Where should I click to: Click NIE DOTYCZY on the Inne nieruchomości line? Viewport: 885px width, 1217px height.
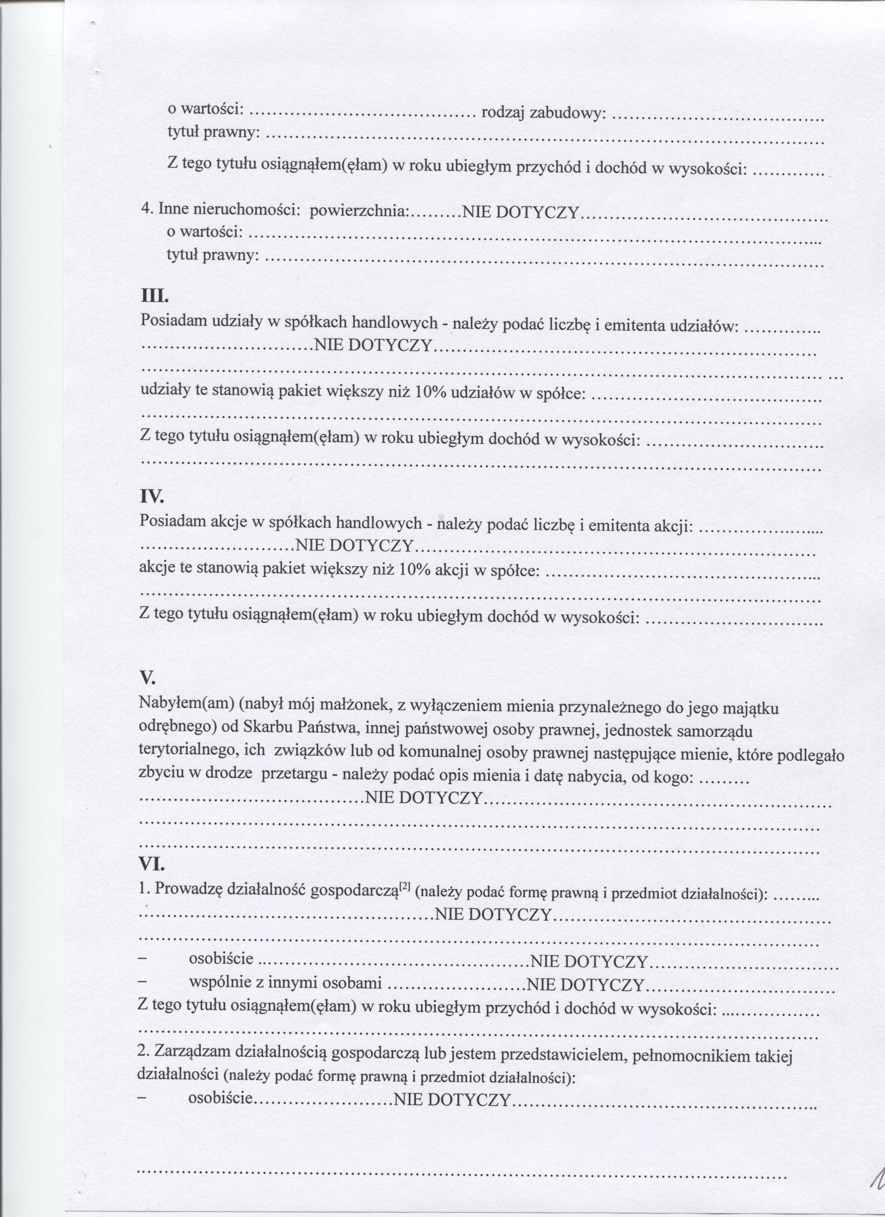(x=520, y=213)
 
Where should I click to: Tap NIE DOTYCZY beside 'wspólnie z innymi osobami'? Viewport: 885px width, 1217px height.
(x=586, y=985)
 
